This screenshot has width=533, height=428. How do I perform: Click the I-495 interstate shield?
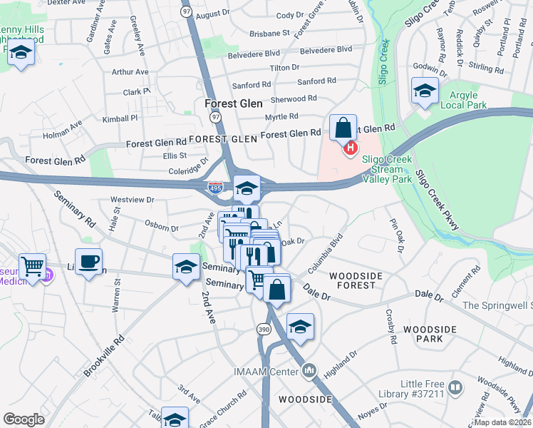click(214, 188)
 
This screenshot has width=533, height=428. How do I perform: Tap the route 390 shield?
click(263, 329)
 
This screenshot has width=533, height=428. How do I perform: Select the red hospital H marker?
click(350, 148)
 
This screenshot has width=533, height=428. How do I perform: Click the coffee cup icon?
click(88, 262)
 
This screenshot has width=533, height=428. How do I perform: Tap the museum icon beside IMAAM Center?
click(309, 371)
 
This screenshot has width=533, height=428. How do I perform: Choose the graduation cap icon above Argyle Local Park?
click(425, 91)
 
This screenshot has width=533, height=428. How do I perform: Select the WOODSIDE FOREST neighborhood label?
click(356, 280)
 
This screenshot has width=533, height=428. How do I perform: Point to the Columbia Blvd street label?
click(326, 253)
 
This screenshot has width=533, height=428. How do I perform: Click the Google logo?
click(24, 419)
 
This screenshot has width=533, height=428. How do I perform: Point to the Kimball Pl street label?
click(120, 118)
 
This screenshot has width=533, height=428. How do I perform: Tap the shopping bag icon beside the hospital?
click(343, 128)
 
